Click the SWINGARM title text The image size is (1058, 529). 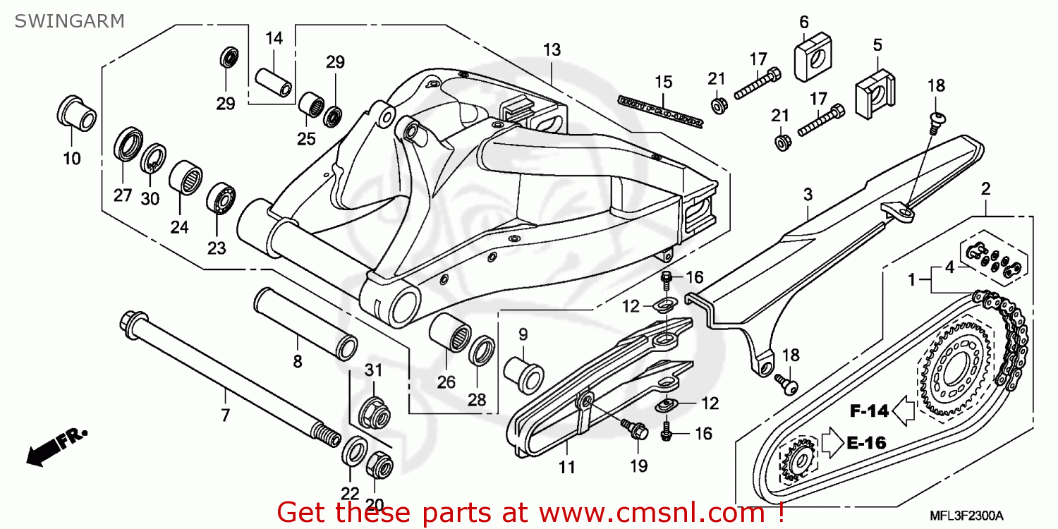click(69, 20)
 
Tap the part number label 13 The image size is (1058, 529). click(552, 49)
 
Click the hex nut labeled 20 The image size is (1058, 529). click(378, 463)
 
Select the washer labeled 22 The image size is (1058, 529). click(353, 451)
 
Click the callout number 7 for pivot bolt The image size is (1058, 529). click(225, 415)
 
